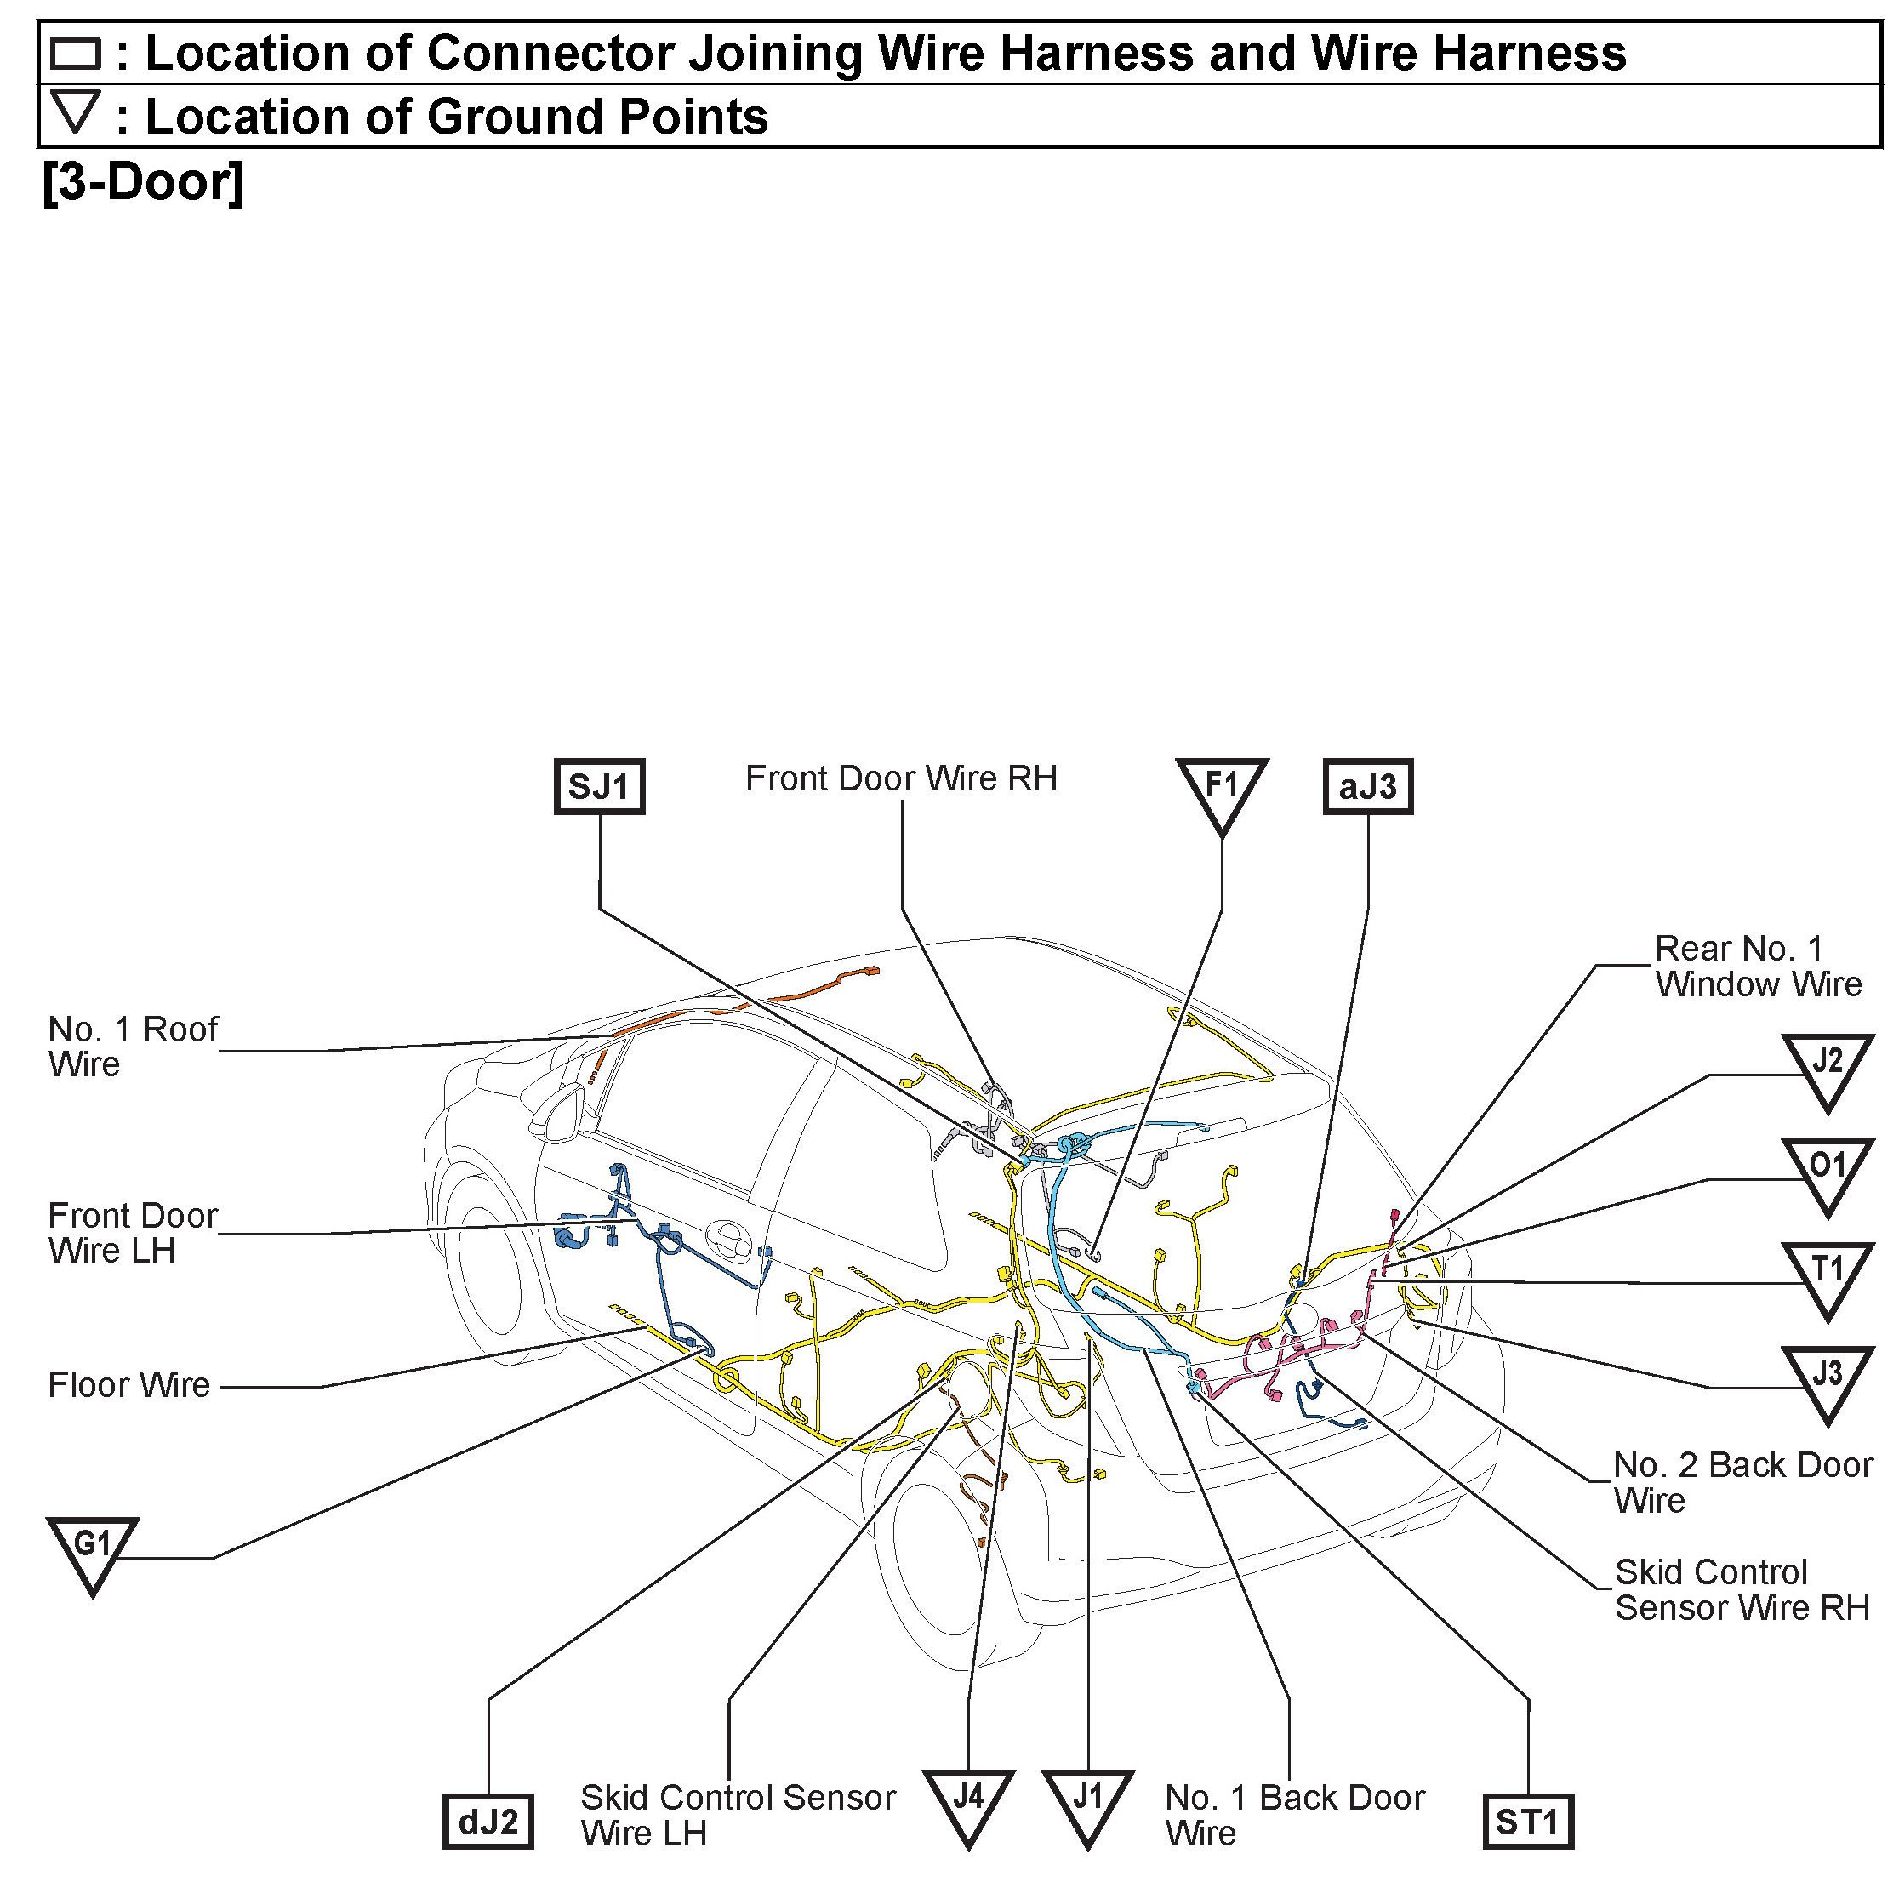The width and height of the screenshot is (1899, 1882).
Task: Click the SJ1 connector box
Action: click(x=599, y=786)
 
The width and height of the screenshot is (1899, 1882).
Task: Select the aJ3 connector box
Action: click(x=1367, y=786)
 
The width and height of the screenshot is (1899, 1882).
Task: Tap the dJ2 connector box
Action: click(x=488, y=1821)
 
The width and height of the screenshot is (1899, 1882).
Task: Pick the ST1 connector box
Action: click(x=1526, y=1821)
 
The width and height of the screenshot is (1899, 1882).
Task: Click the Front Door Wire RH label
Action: click(x=900, y=778)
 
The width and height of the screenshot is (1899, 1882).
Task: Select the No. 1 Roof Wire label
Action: click(x=132, y=1047)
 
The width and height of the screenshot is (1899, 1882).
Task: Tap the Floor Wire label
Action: click(x=128, y=1385)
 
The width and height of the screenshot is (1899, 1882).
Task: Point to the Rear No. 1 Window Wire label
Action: click(x=1758, y=966)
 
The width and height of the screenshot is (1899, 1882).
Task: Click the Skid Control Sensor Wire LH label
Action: click(x=737, y=1815)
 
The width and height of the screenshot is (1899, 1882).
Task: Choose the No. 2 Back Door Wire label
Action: click(x=1742, y=1482)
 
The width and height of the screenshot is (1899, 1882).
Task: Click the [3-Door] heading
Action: click(x=143, y=182)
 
